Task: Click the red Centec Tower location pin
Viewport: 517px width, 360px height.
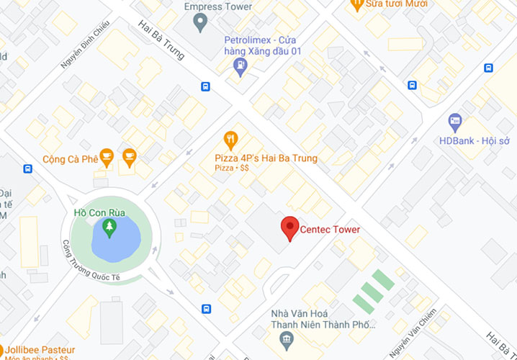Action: coord(289,228)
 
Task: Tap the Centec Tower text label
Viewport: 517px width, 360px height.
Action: coord(329,230)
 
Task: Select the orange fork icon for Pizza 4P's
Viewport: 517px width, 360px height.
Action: coord(230,139)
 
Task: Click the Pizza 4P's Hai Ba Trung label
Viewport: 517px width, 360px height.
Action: coord(266,158)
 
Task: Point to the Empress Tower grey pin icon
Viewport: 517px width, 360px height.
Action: coord(202,23)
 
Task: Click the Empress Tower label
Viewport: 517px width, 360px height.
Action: coord(218,6)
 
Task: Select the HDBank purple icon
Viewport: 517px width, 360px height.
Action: coord(454,122)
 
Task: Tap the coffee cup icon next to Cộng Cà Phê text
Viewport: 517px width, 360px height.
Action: coord(107,156)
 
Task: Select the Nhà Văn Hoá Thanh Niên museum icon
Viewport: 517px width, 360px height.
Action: coord(287,339)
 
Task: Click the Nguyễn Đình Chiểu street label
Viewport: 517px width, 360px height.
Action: coord(84,54)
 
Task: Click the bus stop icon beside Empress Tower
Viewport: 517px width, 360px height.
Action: coord(206,86)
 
